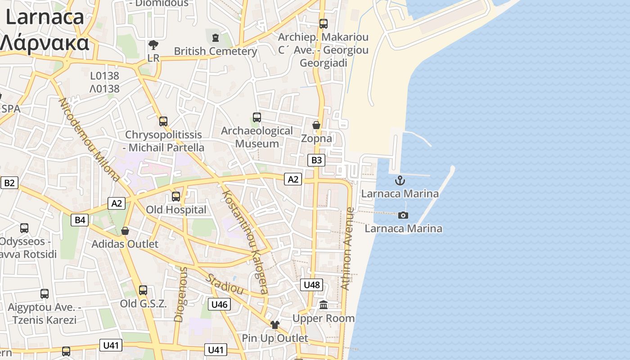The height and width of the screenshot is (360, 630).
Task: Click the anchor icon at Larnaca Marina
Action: (x=400, y=181)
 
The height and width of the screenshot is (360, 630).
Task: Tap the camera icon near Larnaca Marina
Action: (x=403, y=215)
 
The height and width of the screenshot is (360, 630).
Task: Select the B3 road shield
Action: (x=317, y=160)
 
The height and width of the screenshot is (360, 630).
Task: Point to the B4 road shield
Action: (x=80, y=220)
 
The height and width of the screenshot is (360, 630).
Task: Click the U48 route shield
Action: (x=311, y=284)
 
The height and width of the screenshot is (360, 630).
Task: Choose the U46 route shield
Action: (x=219, y=304)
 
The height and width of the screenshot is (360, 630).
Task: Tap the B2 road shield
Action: (x=9, y=183)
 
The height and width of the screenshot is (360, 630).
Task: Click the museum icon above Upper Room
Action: (x=324, y=305)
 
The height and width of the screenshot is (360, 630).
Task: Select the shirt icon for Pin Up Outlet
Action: (x=275, y=324)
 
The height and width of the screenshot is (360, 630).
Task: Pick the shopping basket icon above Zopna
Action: (x=316, y=125)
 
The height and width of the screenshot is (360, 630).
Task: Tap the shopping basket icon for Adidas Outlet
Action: (x=125, y=231)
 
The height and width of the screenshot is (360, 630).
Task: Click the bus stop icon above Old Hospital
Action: (x=176, y=196)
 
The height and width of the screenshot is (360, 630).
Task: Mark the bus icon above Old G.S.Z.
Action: (x=143, y=290)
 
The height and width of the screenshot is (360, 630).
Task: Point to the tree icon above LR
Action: (x=153, y=45)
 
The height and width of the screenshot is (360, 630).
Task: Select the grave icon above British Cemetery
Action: (x=216, y=37)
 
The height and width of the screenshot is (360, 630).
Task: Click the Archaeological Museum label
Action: (x=257, y=137)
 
